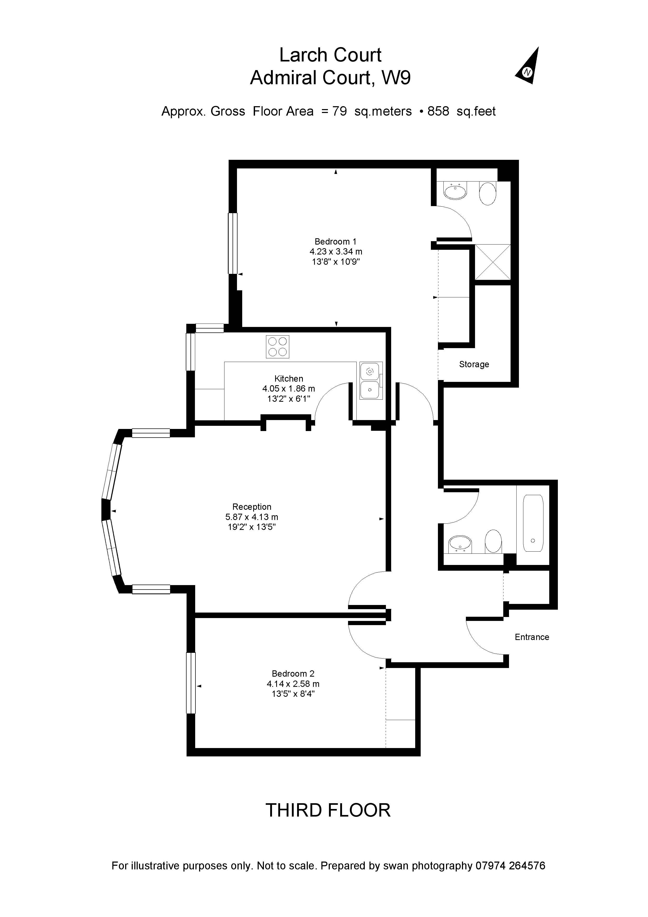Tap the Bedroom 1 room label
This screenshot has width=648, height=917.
click(335, 242)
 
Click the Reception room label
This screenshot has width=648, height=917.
click(252, 507)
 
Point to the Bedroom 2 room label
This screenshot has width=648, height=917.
click(293, 674)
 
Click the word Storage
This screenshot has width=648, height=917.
click(474, 364)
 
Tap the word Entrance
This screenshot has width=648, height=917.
click(532, 637)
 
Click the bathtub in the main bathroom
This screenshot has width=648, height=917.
click(533, 523)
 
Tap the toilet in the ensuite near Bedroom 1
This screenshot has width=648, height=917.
click(488, 194)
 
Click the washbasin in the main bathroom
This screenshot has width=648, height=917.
click(460, 543)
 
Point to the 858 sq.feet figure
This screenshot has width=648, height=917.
click(461, 111)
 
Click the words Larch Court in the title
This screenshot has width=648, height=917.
click(330, 55)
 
